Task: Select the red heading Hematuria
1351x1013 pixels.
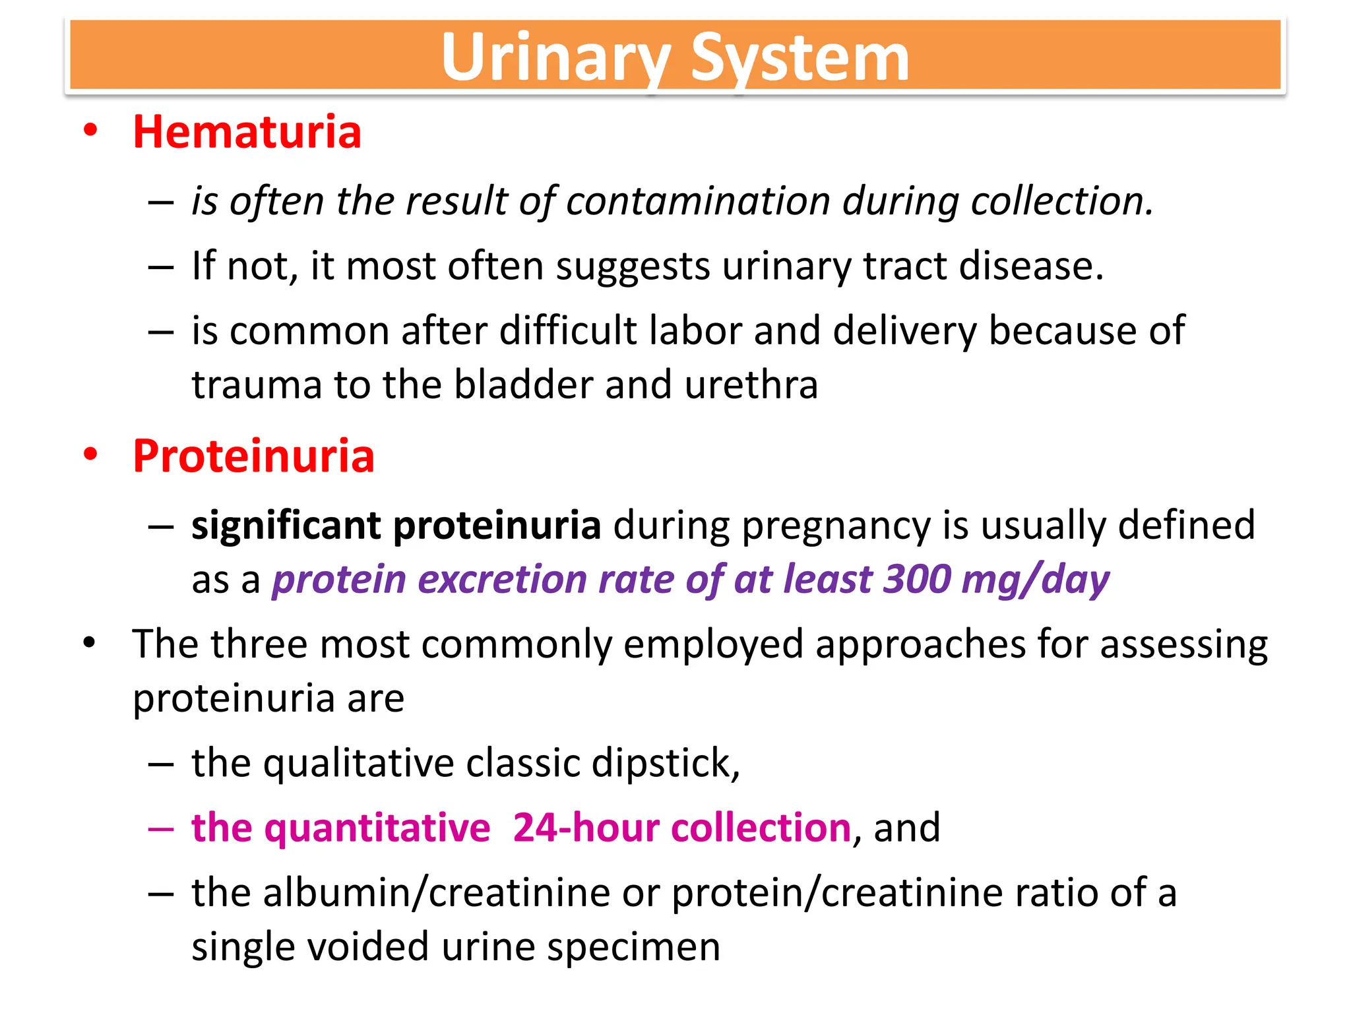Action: click(247, 132)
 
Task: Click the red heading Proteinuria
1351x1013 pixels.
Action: click(253, 456)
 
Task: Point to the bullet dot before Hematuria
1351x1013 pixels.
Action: click(90, 130)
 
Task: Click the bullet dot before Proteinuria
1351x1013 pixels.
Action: click(90, 454)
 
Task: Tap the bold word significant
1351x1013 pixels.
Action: click(286, 526)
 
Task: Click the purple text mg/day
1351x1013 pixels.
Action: click(1036, 580)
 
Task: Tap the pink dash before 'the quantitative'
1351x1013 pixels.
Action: click(161, 828)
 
